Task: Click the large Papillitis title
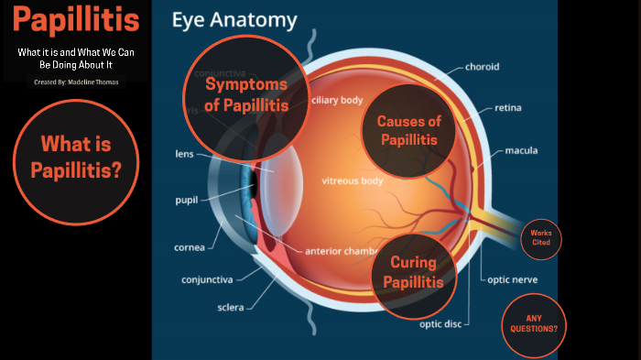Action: point(78,19)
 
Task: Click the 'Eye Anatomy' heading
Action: point(234,19)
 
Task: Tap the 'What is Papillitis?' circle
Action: point(76,157)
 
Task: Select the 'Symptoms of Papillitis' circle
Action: point(245,93)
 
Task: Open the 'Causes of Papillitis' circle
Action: point(408,130)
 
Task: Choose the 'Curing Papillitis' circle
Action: point(414,273)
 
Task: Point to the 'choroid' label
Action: point(482,66)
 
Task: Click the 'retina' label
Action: point(508,108)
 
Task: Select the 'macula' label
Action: point(521,150)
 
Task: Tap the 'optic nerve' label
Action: point(512,279)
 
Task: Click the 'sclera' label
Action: point(231,308)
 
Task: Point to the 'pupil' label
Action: point(189,200)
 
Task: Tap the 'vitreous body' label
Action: point(352,180)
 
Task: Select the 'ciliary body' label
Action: point(337,100)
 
